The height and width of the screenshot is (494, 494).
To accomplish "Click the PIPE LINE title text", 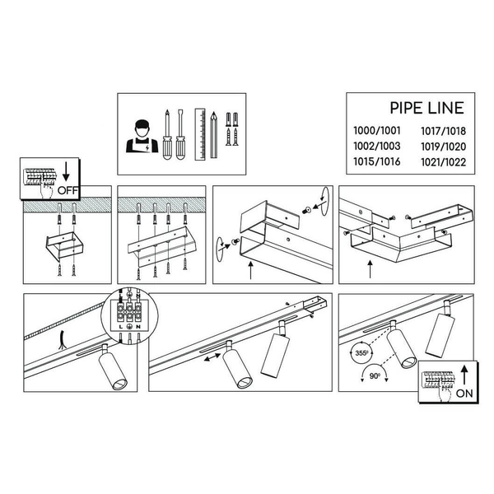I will (426, 108).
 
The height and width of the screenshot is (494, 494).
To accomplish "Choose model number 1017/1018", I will (443, 131).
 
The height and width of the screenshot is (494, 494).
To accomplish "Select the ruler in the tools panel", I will (198, 134).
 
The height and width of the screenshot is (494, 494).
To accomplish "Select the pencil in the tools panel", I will (213, 133).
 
